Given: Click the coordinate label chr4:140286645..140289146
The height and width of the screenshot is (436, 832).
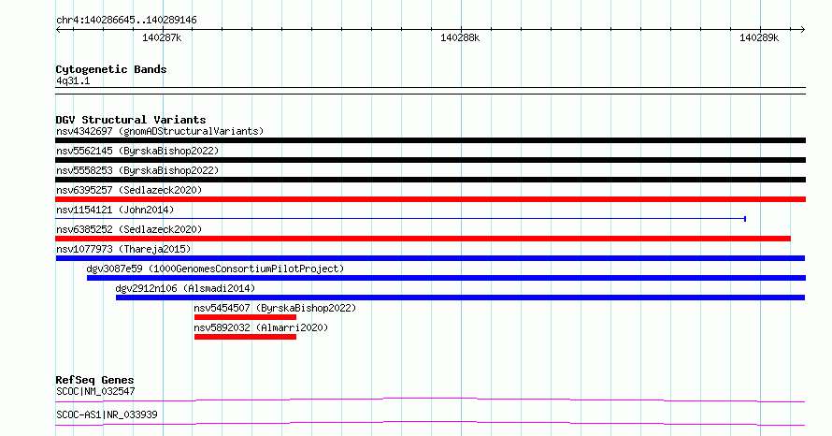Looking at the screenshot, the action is click(126, 21).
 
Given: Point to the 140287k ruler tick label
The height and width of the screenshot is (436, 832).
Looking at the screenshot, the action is click(162, 37).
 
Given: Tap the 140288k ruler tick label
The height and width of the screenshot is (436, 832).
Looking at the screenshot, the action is click(460, 37).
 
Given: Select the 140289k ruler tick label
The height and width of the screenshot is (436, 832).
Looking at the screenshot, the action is click(759, 37).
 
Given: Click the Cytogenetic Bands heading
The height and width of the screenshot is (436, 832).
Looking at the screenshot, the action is click(111, 69).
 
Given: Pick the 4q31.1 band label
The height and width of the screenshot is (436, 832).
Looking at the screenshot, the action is click(73, 80).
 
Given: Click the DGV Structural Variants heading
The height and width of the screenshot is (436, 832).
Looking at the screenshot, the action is click(131, 120).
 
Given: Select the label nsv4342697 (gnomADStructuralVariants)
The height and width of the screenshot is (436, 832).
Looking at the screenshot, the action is click(160, 131).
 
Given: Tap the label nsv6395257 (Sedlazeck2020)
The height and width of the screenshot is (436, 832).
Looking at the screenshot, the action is click(129, 190).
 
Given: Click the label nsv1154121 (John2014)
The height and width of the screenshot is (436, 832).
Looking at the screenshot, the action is click(115, 210).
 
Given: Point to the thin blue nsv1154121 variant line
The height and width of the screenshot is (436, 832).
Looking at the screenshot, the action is click(401, 219).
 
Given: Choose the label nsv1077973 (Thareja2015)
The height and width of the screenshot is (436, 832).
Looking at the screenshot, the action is click(123, 249).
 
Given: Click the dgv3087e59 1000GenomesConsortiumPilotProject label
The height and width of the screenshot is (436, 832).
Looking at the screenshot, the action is click(215, 269).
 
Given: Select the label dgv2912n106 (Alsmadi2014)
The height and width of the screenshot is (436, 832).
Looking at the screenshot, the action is click(185, 288).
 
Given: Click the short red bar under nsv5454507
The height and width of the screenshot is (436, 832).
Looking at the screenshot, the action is click(245, 317).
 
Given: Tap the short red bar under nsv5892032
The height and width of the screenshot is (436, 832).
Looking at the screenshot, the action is click(245, 337).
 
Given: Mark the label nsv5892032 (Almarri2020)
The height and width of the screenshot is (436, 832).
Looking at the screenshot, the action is click(261, 327).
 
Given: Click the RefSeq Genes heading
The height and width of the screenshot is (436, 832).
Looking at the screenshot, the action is click(94, 380).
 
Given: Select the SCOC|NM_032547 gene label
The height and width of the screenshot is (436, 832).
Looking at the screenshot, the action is click(95, 391).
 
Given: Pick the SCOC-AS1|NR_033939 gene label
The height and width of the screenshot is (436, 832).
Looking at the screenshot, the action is click(107, 414).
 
